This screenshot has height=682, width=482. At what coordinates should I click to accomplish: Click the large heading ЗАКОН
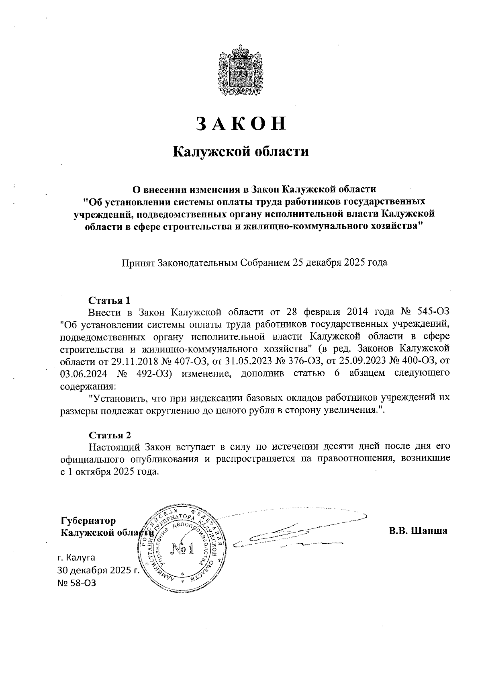241,123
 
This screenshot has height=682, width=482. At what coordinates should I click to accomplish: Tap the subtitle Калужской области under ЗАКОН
241,152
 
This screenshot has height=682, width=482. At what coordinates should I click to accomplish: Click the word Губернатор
88,521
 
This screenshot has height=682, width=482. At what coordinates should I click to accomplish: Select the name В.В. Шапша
417,531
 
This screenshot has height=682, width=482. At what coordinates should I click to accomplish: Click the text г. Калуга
76,558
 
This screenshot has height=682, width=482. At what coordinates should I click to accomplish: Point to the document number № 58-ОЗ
77,583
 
